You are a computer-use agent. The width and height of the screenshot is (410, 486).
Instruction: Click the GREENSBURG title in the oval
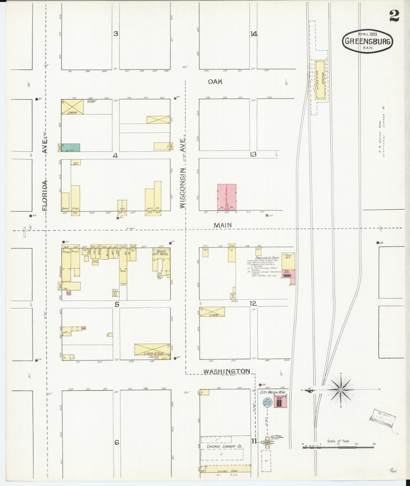coord(368,41)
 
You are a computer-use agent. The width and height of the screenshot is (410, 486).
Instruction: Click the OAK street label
coord(215,82)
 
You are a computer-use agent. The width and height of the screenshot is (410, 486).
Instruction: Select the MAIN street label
coord(223,225)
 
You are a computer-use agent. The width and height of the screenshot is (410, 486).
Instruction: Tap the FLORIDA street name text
coord(45,196)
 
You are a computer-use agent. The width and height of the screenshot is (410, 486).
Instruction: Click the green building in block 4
coord(71,148)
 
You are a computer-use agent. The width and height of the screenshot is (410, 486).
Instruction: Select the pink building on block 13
coord(227,197)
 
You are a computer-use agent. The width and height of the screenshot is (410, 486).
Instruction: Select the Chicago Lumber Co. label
coord(224,446)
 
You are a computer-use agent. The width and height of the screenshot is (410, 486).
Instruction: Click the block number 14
coord(254,34)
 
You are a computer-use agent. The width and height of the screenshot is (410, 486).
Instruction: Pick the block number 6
coord(116,442)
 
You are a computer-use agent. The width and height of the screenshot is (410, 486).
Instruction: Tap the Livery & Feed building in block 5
coord(152,349)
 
